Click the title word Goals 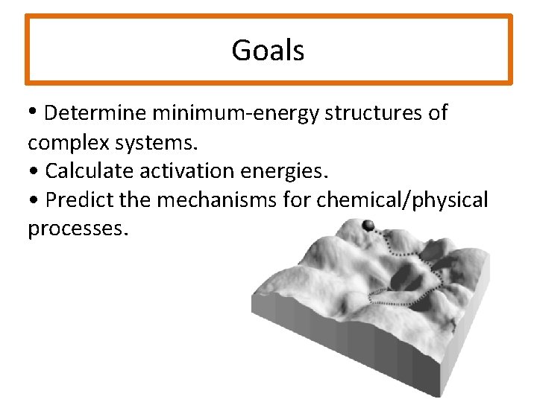268,51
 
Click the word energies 288,171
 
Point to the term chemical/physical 403,200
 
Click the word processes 78,229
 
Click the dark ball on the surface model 367,226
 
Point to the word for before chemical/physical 298,200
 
